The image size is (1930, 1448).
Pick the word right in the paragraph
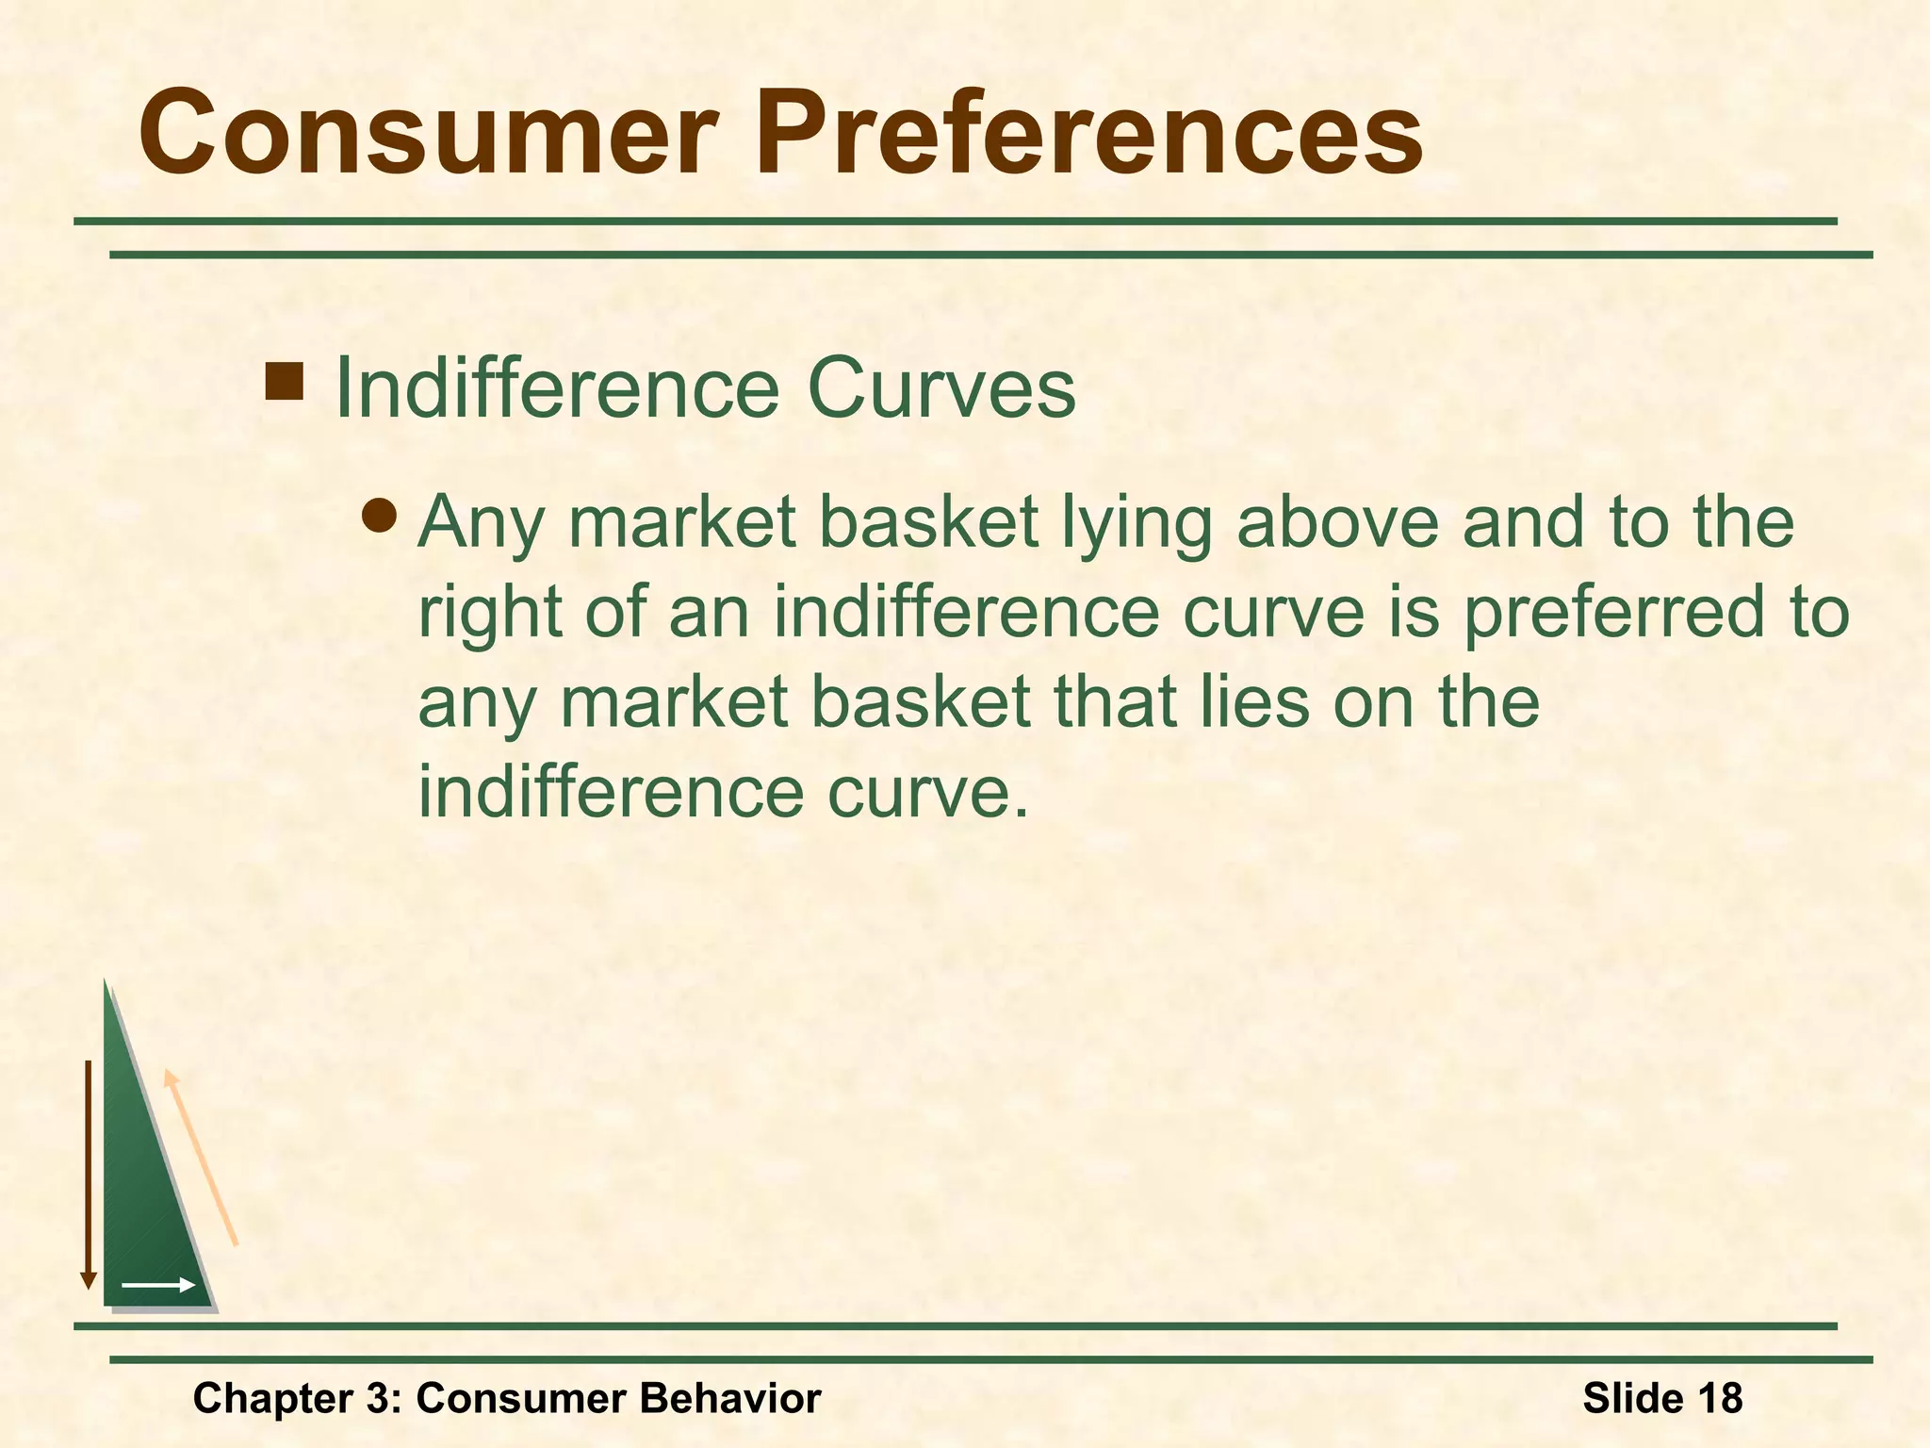[490, 615]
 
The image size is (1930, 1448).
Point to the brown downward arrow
[88, 1174]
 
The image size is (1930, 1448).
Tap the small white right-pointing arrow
[157, 1285]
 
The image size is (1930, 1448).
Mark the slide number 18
[1719, 1398]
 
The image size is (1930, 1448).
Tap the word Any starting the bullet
[480, 523]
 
